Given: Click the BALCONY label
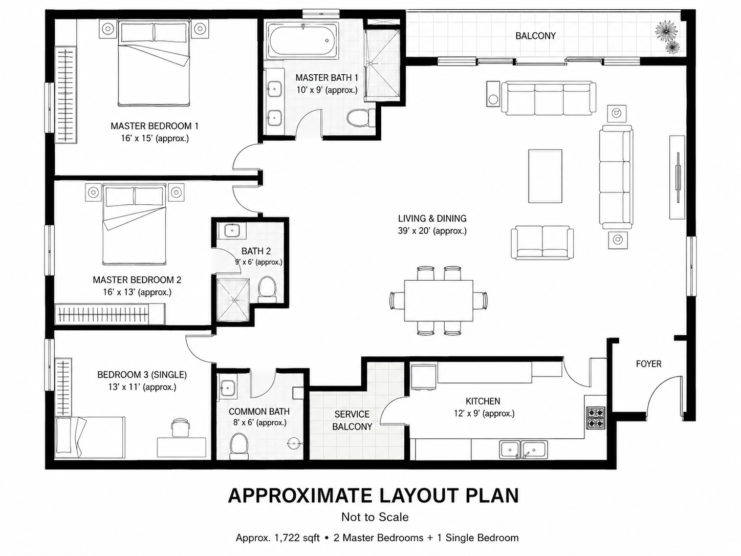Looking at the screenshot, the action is (x=535, y=36).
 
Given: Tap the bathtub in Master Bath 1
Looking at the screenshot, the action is (x=301, y=40).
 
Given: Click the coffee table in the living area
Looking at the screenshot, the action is (x=545, y=176).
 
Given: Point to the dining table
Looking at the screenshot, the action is (x=439, y=301).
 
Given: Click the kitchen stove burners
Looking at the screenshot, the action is (x=596, y=417).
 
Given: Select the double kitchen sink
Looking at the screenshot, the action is (x=524, y=450).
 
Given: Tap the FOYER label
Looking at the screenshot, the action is (x=648, y=364).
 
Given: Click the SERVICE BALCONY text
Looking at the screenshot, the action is (x=352, y=420).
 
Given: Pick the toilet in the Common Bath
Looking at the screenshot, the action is (x=239, y=446).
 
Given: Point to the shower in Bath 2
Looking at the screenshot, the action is (x=233, y=300).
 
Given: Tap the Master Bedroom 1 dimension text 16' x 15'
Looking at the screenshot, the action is (x=155, y=138).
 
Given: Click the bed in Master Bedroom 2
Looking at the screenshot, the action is (x=135, y=224).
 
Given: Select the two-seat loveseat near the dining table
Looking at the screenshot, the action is (x=542, y=242).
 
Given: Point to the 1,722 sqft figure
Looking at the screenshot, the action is (x=292, y=538).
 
